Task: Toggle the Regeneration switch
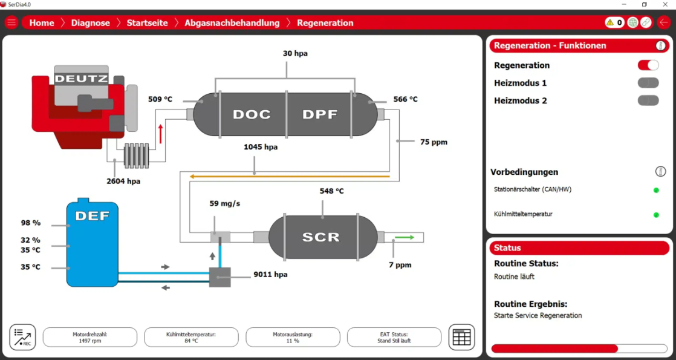pos(648,65)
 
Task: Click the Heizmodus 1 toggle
pos(648,83)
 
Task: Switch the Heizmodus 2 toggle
pos(648,100)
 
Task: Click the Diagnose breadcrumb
pos(91,23)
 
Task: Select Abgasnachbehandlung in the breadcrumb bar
pos(232,23)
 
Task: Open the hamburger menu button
pos(11,23)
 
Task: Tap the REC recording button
pos(22,337)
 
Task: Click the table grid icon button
pos(461,337)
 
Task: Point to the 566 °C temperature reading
pos(405,99)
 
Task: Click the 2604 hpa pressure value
pos(123,181)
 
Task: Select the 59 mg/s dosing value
pos(224,203)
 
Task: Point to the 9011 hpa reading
pos(270,274)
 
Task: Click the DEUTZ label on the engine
pos(82,79)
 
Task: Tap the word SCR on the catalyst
pos(321,237)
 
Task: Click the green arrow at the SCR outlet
pos(405,237)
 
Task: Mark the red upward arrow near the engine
pos(161,133)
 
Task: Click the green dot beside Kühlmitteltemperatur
pos(656,215)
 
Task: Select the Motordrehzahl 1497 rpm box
pos(90,337)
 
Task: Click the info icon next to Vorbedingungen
pos(660,172)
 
